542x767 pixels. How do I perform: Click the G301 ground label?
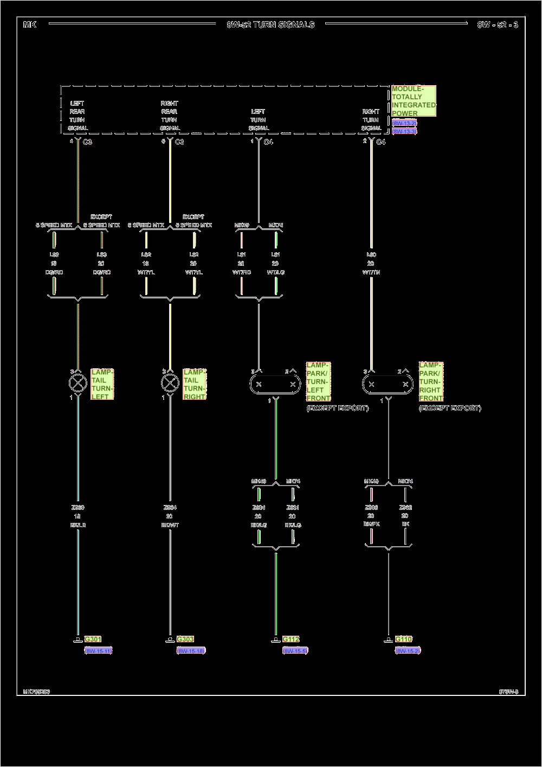[93, 640]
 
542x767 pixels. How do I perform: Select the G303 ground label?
[185, 640]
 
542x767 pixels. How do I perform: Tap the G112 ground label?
[291, 640]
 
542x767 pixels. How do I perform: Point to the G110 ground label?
[404, 640]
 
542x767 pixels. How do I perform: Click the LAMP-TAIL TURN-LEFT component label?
[102, 385]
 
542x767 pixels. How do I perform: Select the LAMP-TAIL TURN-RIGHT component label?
[195, 385]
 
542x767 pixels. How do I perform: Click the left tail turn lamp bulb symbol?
[78, 383]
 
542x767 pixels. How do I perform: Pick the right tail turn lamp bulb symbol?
[170, 383]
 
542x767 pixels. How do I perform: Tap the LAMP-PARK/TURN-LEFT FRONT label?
[318, 382]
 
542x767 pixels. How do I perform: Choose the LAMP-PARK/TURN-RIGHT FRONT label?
[431, 382]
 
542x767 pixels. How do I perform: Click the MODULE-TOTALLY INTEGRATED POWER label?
[414, 101]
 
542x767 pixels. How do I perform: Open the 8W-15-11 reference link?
[98, 650]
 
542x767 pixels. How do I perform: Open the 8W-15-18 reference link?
[191, 650]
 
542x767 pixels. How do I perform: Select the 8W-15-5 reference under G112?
[295, 650]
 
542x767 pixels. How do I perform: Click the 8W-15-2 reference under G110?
[408, 650]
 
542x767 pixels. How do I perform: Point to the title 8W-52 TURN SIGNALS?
[270, 24]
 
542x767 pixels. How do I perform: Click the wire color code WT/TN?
[371, 272]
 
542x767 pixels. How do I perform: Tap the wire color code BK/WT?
[170, 525]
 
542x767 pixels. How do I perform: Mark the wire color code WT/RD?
[242, 272]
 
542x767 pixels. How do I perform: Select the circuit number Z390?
[78, 508]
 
